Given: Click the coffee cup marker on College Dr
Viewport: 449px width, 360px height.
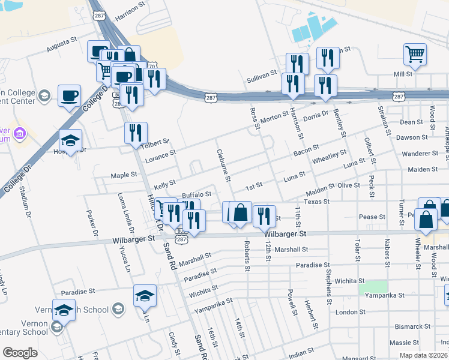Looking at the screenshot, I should tap(69, 95).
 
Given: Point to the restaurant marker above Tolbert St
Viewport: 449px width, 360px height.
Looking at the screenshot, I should tap(136, 132).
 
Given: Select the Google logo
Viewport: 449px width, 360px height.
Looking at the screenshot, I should tap(20, 353).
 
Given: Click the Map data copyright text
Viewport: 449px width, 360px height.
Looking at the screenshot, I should tap(423, 355).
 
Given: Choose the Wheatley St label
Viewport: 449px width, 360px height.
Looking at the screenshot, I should tap(329, 157).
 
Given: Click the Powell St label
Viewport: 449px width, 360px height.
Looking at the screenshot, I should tap(292, 303).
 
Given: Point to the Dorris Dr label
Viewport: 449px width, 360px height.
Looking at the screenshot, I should tap(316, 115).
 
